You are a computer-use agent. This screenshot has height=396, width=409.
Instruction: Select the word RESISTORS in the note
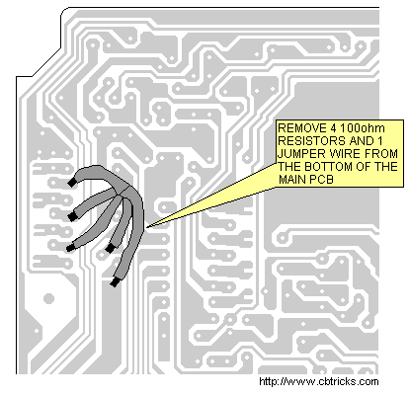[x=311, y=141]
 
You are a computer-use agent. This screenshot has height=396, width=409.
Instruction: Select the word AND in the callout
[x=362, y=141]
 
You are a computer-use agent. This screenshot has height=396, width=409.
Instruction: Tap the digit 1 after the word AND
[x=380, y=141]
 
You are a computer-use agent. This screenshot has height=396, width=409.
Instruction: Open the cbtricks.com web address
[x=319, y=382]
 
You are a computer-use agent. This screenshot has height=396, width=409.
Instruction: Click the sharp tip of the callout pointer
[x=147, y=227]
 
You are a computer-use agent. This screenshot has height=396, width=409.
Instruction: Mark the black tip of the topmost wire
[x=72, y=183]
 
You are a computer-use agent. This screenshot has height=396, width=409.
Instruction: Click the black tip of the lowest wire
[x=115, y=282]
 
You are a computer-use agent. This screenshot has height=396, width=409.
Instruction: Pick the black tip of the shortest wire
[x=110, y=248]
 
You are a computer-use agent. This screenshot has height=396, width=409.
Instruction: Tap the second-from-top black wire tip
[x=71, y=216]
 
